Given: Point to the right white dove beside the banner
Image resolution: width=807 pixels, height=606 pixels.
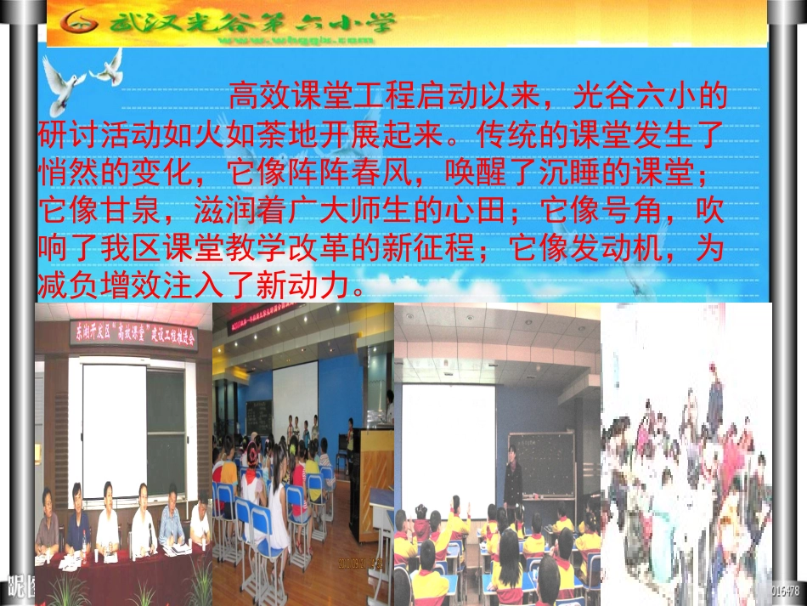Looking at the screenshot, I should point(110,68).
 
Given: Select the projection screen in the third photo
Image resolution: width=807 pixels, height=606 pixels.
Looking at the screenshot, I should point(448,446).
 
